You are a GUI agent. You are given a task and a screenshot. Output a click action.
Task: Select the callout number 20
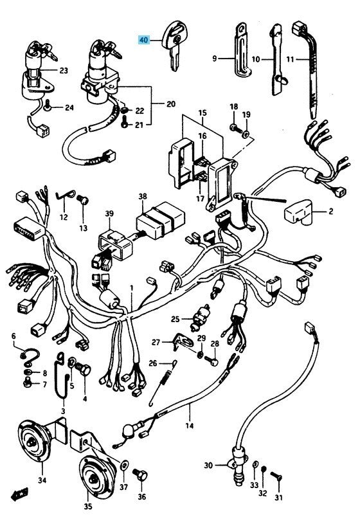[170, 104]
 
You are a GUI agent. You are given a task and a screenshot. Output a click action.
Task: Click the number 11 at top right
[291, 60]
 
